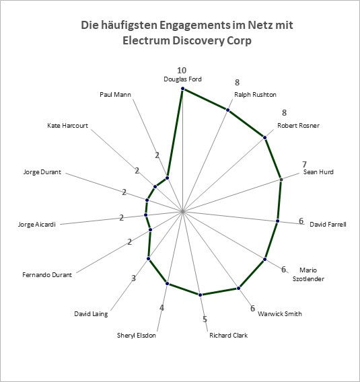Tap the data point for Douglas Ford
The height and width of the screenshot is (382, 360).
click(x=182, y=89)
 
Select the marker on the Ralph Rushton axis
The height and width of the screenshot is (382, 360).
click(x=227, y=110)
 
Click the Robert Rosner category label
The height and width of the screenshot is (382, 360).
click(x=298, y=126)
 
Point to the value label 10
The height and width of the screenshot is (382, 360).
click(x=182, y=71)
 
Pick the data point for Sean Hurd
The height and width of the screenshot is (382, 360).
click(x=281, y=180)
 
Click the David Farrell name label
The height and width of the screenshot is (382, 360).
click(x=328, y=224)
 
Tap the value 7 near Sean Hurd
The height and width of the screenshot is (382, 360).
click(x=304, y=165)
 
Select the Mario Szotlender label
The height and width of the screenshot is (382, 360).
click(x=308, y=274)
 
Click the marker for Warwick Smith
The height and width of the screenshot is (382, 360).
click(x=239, y=289)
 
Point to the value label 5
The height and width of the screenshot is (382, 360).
click(x=205, y=319)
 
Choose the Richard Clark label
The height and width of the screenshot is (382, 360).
click(x=228, y=336)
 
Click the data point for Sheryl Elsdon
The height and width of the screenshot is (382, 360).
click(x=167, y=283)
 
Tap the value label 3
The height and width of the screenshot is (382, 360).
click(x=133, y=278)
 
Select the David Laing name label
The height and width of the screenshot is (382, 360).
click(x=91, y=314)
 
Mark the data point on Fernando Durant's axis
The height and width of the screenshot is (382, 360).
click(x=150, y=230)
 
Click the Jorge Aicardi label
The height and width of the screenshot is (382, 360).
click(x=37, y=225)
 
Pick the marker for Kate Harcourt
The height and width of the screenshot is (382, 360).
click(x=155, y=187)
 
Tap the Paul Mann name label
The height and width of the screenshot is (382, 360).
click(x=115, y=95)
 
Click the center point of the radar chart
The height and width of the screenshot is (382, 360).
click(x=182, y=211)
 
